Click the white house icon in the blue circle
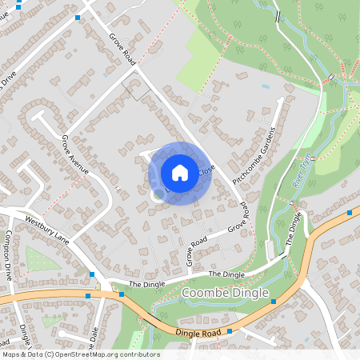[x=180, y=173]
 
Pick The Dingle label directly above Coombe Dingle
[x=226, y=274]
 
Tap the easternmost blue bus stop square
[x=350, y=213]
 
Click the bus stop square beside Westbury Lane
[x=93, y=274]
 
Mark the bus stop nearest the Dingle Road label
[x=230, y=330]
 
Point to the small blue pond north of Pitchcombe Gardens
[x=266, y=86]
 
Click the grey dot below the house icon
[x=158, y=194]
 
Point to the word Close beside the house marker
[x=206, y=170]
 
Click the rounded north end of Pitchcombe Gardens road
[x=280, y=101]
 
